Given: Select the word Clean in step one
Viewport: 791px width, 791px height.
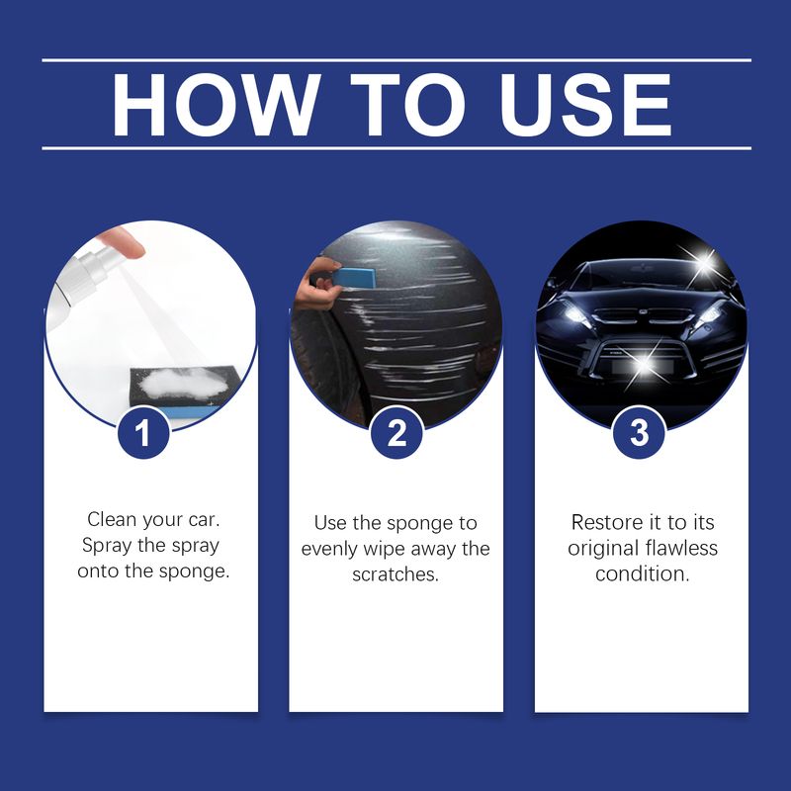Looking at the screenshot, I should point(112,520).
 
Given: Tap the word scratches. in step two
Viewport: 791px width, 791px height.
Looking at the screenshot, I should point(395,574).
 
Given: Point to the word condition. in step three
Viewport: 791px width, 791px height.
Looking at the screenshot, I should point(641,573).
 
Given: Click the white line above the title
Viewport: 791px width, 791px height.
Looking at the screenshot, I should point(395,60).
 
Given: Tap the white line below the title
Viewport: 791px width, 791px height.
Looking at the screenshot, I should point(395,148).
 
